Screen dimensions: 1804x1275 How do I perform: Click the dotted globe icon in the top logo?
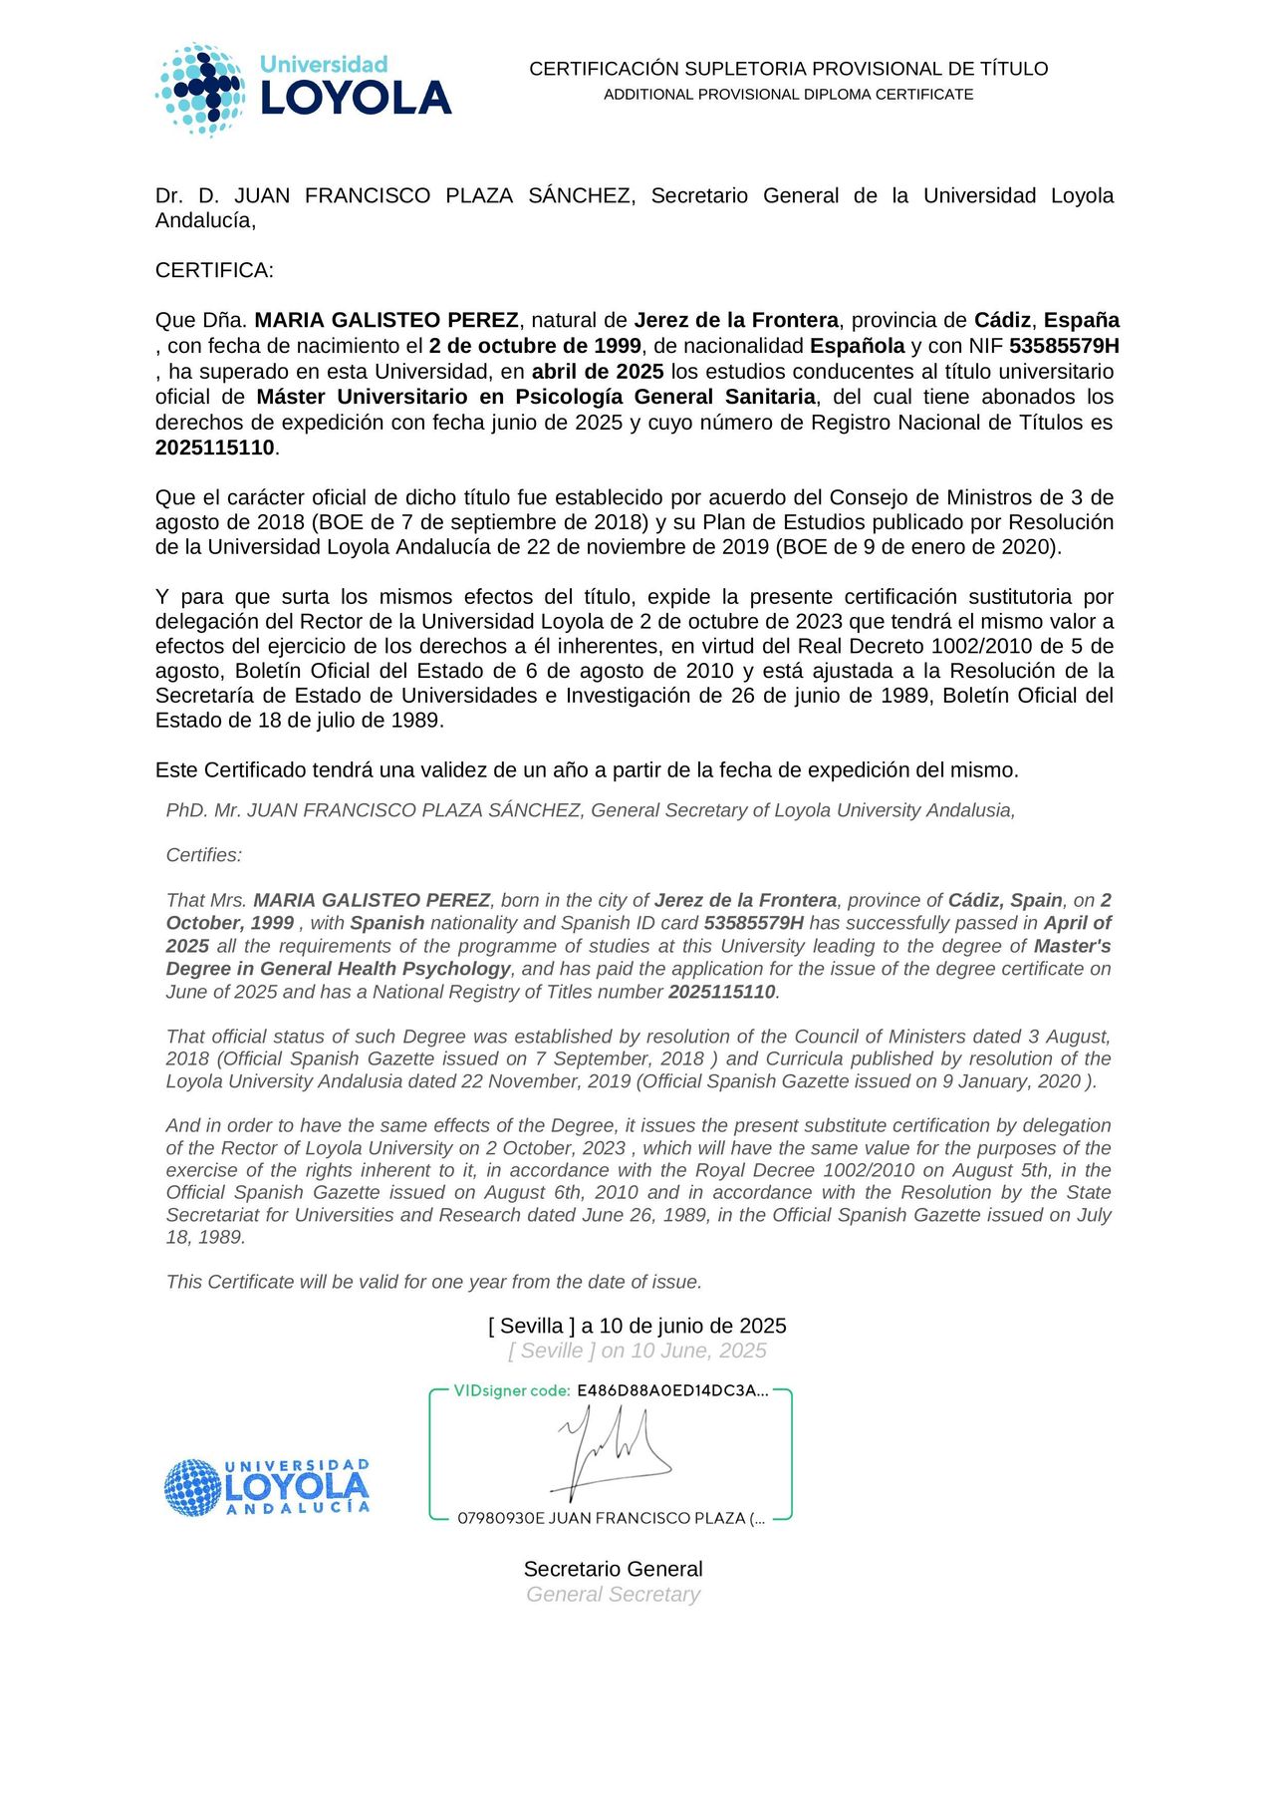[200, 90]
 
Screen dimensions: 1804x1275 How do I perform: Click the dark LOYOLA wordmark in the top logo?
[356, 99]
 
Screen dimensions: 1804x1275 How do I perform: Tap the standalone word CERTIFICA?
[214, 270]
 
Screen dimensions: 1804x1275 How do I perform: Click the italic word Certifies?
[204, 855]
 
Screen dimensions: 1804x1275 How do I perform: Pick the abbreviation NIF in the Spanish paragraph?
[986, 347]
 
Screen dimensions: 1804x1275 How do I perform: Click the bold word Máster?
[292, 397]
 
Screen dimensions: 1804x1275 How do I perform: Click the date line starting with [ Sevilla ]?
[637, 1326]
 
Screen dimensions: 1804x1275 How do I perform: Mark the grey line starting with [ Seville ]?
[637, 1351]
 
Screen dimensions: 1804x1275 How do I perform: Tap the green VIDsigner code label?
[511, 1390]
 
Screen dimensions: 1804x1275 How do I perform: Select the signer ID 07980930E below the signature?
[501, 1518]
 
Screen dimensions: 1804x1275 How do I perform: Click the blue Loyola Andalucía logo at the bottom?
[266, 1487]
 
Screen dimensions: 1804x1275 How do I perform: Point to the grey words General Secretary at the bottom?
[613, 1594]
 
